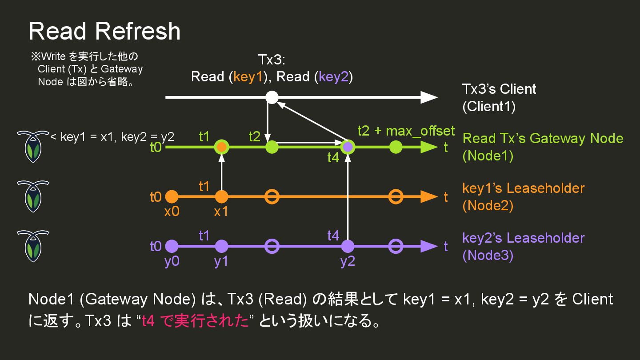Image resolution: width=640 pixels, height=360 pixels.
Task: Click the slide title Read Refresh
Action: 104,31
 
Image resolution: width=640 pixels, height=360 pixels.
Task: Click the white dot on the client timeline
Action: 272,97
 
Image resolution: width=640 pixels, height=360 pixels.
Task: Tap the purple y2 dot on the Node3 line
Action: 348,246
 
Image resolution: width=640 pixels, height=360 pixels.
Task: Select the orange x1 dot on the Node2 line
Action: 221,196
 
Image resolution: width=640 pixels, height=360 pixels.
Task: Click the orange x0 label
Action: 172,212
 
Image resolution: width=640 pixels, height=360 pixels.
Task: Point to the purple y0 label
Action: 172,261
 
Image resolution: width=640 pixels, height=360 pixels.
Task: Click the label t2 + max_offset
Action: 406,131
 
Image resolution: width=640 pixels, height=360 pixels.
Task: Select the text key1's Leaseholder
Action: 524,188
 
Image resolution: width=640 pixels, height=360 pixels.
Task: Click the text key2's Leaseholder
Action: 524,238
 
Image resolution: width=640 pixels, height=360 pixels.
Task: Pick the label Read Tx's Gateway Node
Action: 543,138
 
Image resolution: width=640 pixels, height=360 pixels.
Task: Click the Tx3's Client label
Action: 499,89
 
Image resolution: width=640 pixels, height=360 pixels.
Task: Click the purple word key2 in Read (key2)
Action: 334,77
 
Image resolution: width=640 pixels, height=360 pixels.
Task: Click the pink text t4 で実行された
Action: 195,321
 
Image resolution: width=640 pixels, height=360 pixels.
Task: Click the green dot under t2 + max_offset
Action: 396,147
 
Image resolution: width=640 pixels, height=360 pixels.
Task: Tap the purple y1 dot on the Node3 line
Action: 221,246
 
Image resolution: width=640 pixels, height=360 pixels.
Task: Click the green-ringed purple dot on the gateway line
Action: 348,147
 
